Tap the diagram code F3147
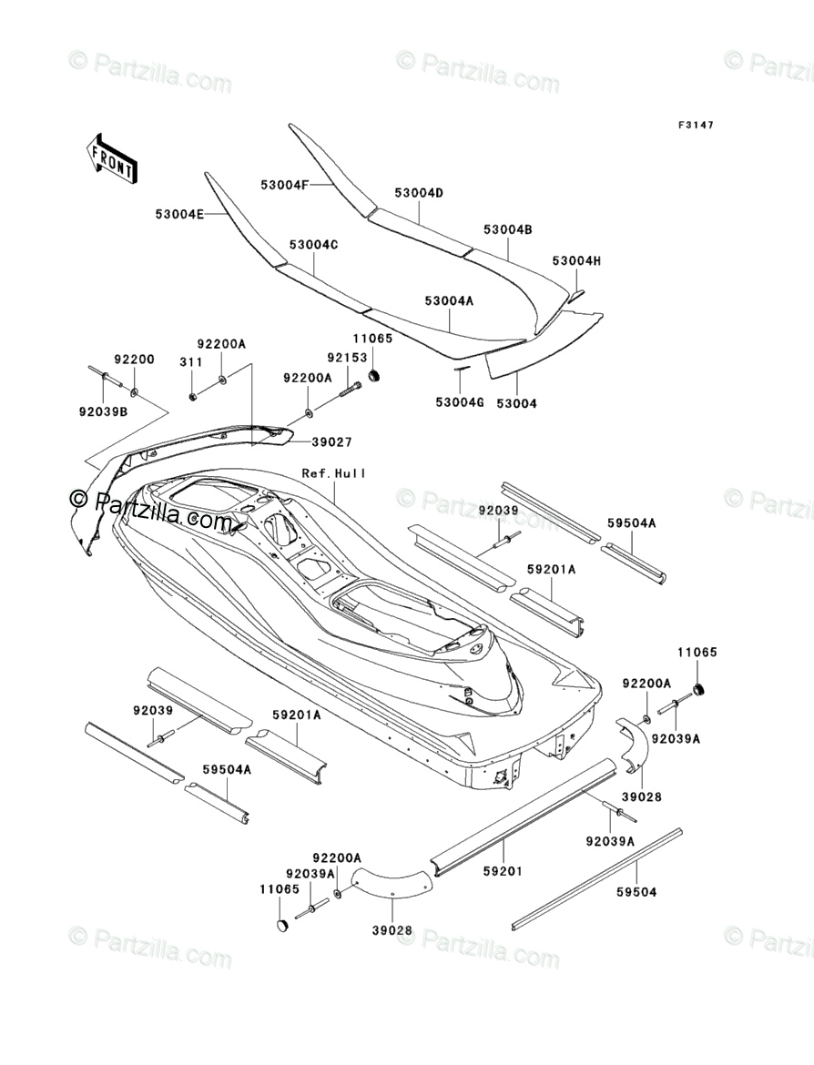pyautogui.click(x=695, y=125)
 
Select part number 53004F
pyautogui.click(x=285, y=185)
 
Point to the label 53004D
pyautogui.click(x=419, y=193)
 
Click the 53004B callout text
pyautogui.click(x=507, y=230)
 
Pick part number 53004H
pyautogui.click(x=577, y=261)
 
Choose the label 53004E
pyautogui.click(x=179, y=215)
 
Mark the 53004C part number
pyautogui.click(x=314, y=246)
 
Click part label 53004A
pyautogui.click(x=449, y=299)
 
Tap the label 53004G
pyautogui.click(x=460, y=401)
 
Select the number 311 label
pyautogui.click(x=190, y=361)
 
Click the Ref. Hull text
pyautogui.click(x=335, y=473)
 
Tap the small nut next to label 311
pyautogui.click(x=194, y=396)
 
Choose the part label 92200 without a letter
pyautogui.click(x=134, y=360)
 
